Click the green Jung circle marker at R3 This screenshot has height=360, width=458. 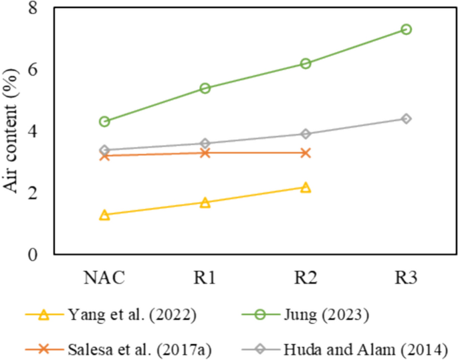pos(406,29)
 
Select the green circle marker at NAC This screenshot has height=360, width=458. pos(104,121)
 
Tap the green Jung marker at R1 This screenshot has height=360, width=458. pos(205,88)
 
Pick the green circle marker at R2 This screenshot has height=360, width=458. pos(306,63)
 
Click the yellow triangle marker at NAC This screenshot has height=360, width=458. pos(104,215)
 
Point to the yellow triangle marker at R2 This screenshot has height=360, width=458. pos(306,187)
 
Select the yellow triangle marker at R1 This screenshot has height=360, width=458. pos(205,202)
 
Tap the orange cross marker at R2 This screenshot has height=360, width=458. pos(306,153)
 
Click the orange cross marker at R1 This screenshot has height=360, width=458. pos(205,153)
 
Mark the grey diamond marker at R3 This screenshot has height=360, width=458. pos(406,118)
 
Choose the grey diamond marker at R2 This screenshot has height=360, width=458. pos(306,134)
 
